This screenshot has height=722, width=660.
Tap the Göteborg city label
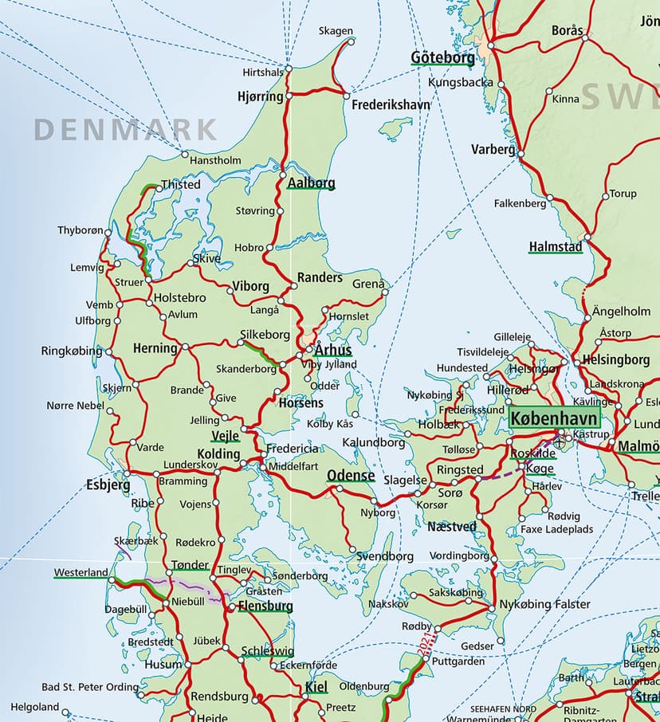pyautogui.click(x=442, y=57)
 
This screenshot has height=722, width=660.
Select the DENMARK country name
pyautogui.click(x=126, y=128)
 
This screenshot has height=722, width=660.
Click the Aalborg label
pyautogui.click(x=311, y=182)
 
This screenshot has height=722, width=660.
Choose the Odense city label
pyautogui.click(x=351, y=476)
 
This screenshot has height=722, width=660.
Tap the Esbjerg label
pyautogui.click(x=108, y=484)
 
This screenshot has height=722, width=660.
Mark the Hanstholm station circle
pyautogui.click(x=184, y=154)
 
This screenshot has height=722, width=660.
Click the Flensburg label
pyautogui.click(x=265, y=606)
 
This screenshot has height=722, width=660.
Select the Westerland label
pyautogui.click(x=81, y=572)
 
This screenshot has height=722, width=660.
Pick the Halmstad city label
pyautogui.click(x=556, y=247)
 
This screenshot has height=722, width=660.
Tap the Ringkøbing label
pyautogui.click(x=72, y=351)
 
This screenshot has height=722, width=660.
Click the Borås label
pyautogui.click(x=568, y=30)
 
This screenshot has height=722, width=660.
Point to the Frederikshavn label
pyautogui.click(x=391, y=104)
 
